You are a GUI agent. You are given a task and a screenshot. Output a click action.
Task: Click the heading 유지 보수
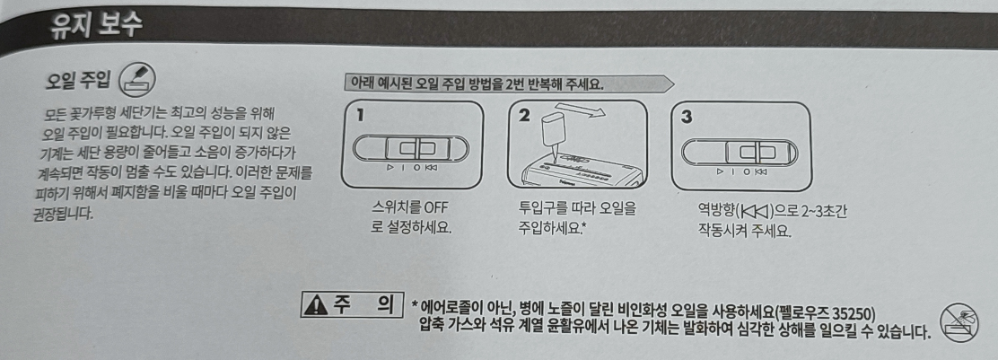[97, 26]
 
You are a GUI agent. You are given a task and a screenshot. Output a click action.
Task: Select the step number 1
[360, 115]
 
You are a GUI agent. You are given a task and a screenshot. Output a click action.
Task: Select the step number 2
[524, 116]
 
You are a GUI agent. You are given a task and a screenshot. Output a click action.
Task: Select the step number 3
[687, 118]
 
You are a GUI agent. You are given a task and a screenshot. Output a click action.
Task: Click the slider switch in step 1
[410, 149]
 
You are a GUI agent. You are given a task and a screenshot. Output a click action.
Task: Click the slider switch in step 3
[740, 153]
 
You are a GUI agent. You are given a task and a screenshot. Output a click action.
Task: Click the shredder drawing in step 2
[579, 171]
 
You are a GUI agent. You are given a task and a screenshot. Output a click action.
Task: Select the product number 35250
[856, 314]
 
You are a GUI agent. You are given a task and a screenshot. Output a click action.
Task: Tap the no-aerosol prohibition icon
[959, 322]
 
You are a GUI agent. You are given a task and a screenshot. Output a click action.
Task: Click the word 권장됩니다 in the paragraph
[63, 212]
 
